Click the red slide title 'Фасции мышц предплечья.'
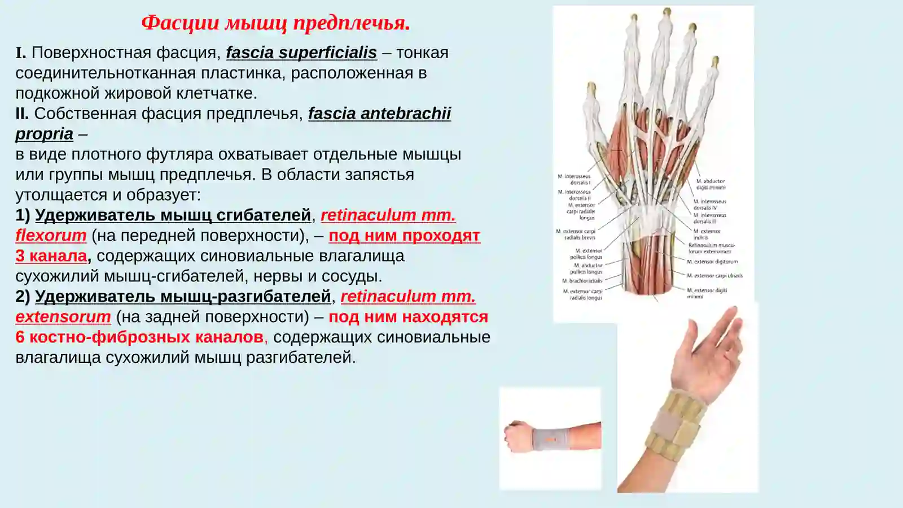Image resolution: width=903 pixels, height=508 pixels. point(275,23)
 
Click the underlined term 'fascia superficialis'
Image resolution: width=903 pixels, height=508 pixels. point(301,53)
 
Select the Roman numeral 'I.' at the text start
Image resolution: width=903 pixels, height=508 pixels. point(21,53)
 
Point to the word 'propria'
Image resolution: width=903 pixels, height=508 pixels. point(44,134)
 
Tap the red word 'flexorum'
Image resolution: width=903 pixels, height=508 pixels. point(51,236)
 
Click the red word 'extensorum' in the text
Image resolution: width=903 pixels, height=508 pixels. point(63,317)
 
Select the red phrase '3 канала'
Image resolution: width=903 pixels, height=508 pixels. point(51,256)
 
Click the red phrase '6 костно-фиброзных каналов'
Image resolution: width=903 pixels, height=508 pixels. point(139,337)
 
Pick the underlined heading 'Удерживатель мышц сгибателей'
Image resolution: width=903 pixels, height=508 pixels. point(173,215)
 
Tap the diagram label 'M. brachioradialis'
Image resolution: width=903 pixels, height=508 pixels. point(582,281)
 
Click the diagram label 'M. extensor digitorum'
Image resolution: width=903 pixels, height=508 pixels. point(712,262)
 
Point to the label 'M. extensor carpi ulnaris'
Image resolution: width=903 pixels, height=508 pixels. point(714,276)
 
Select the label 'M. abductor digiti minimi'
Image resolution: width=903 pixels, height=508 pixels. point(711,184)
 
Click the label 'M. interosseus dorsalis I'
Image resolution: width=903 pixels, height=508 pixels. point(574,179)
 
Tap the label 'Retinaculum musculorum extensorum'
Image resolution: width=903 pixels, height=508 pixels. point(711,248)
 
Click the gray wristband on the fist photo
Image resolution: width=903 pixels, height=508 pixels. point(551,438)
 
